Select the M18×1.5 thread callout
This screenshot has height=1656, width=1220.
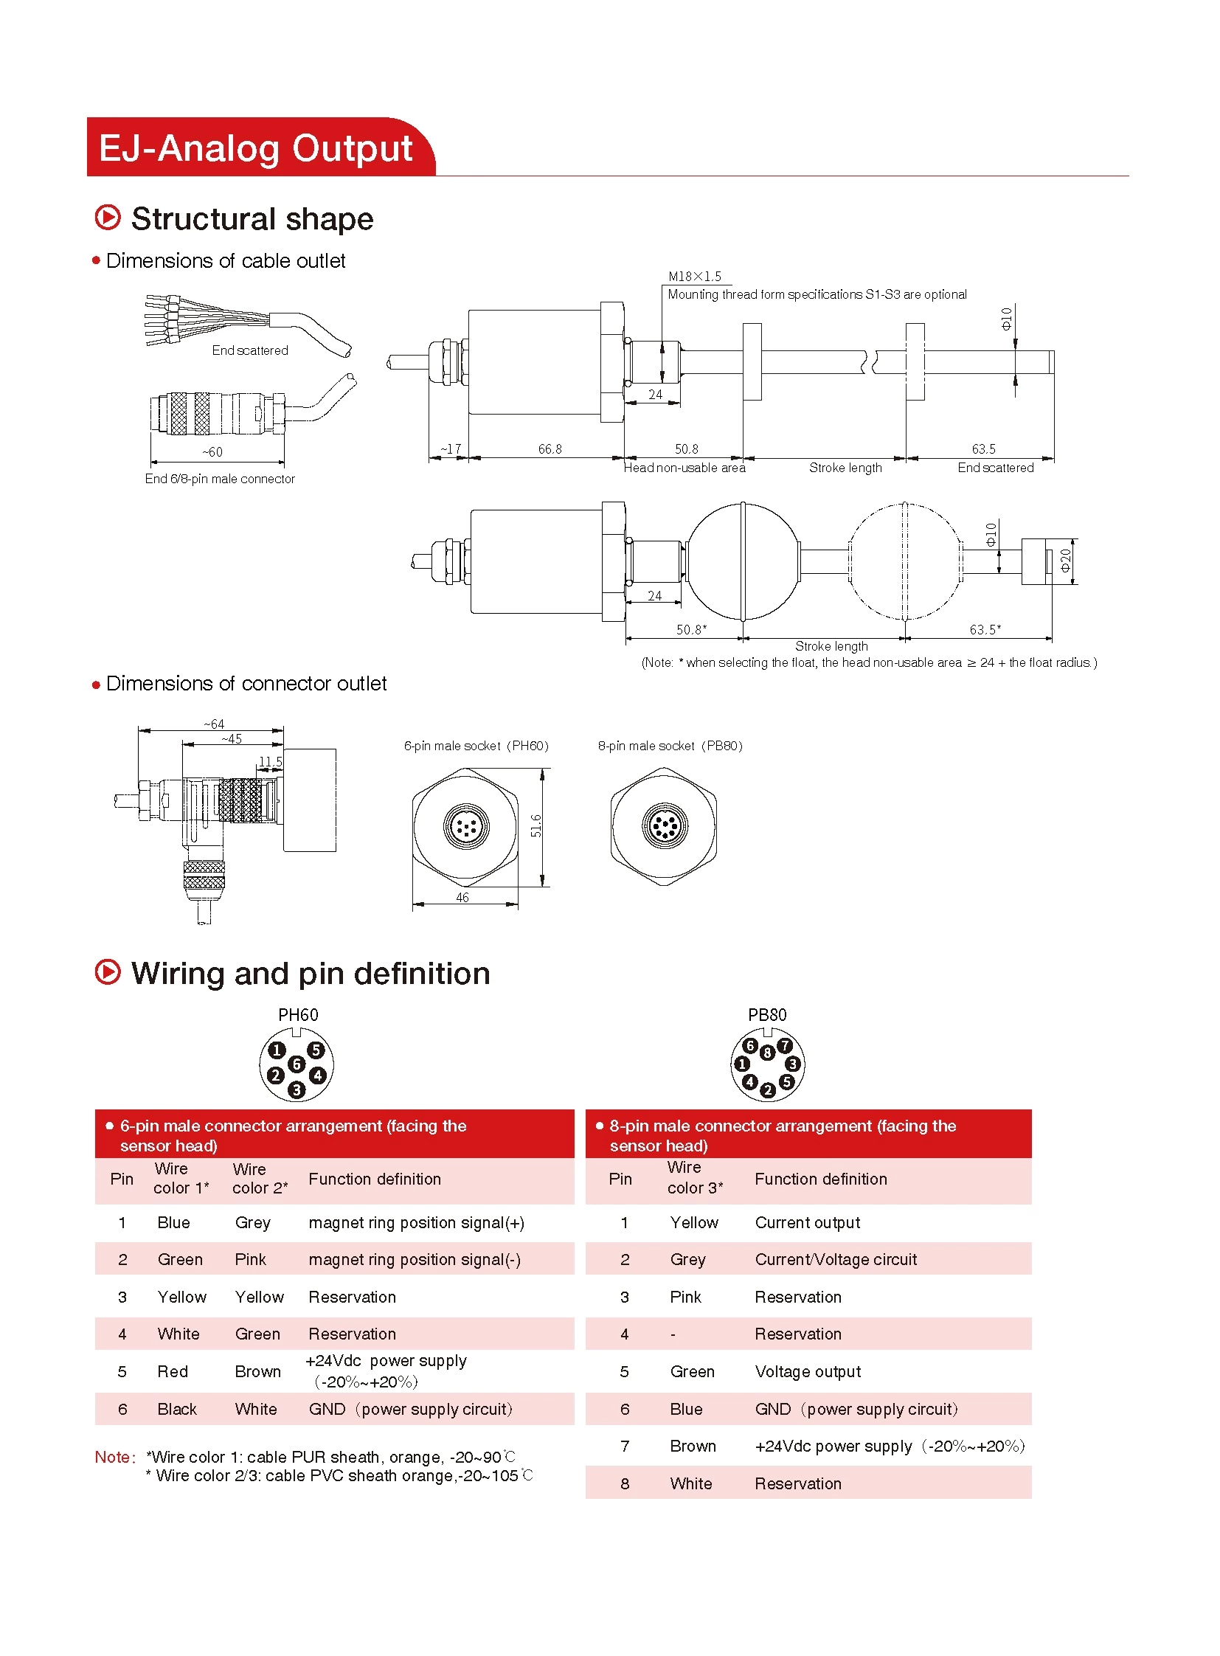(x=694, y=277)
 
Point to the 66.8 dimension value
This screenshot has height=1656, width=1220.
(x=550, y=449)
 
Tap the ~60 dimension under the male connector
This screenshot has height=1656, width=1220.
(x=212, y=452)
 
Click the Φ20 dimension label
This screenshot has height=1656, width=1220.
(x=1065, y=560)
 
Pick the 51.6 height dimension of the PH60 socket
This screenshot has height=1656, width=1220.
(x=536, y=825)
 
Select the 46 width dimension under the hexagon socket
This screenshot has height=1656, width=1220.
(x=462, y=898)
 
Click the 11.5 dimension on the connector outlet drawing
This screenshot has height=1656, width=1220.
(x=270, y=761)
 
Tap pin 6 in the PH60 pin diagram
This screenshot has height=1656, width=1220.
(x=296, y=1064)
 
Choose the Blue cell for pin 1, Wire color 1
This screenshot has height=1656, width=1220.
(x=173, y=1222)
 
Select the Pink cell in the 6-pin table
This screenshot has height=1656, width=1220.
(x=250, y=1259)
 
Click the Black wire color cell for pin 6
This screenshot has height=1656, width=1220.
(x=177, y=1409)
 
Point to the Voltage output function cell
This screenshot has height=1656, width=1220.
(x=808, y=1371)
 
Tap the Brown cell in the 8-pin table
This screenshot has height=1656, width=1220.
(x=693, y=1446)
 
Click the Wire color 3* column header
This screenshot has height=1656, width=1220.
(x=694, y=1178)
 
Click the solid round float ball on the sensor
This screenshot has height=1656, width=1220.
(x=744, y=561)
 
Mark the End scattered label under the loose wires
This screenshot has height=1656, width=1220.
(x=249, y=350)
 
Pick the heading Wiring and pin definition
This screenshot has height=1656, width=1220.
(x=311, y=974)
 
